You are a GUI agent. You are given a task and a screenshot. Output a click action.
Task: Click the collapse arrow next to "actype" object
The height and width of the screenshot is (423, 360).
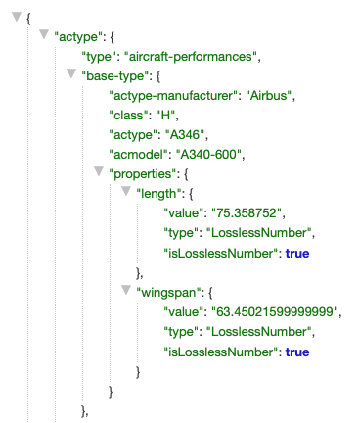(44, 35)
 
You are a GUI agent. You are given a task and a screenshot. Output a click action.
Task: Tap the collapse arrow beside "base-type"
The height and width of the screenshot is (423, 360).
(69, 74)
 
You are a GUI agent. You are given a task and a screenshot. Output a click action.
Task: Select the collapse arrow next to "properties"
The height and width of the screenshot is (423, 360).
(97, 173)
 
